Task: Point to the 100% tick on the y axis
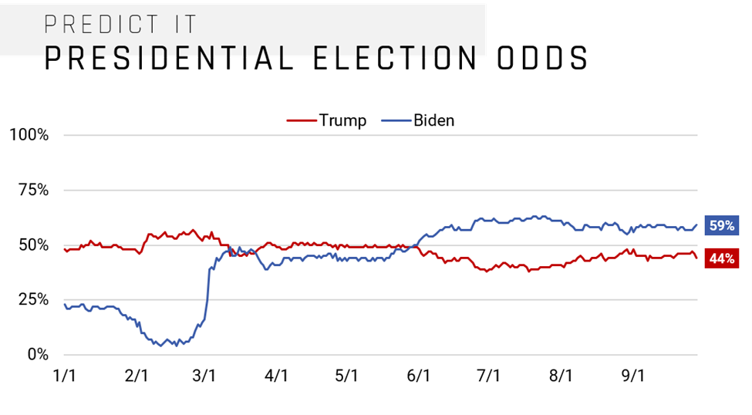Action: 29,136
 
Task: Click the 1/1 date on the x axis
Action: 65,376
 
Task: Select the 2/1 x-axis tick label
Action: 136,376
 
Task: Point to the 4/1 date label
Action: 276,376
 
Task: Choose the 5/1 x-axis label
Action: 346,376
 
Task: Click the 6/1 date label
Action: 417,376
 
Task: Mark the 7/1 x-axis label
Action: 488,376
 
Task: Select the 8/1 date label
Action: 561,376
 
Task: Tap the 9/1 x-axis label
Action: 632,376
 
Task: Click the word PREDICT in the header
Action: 92,25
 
